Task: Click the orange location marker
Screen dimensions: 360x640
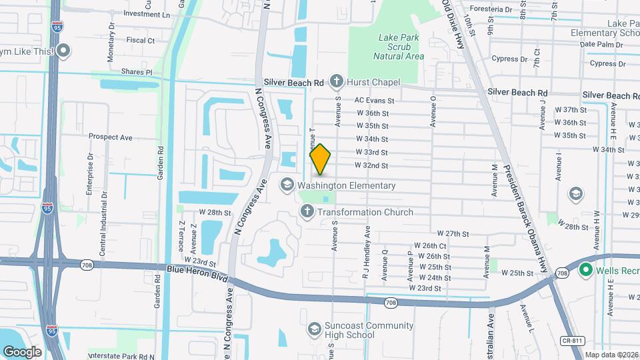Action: tap(320, 159)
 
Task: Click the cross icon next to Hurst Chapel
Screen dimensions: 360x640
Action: tap(336, 82)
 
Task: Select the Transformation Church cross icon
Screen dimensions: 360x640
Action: tap(307, 212)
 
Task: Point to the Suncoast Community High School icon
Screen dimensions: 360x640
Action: tap(314, 329)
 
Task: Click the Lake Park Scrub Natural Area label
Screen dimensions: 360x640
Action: tap(398, 47)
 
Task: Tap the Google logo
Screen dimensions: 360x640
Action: tap(22, 351)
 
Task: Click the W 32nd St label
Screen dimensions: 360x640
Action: tap(371, 165)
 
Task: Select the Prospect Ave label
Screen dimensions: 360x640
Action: tap(111, 137)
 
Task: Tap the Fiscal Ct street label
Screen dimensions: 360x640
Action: tap(140, 41)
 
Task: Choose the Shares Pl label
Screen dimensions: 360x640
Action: tap(137, 71)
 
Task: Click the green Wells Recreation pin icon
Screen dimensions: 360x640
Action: tap(586, 270)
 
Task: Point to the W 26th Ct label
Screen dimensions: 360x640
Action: tap(430, 246)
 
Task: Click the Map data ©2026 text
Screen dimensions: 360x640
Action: tap(611, 355)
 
